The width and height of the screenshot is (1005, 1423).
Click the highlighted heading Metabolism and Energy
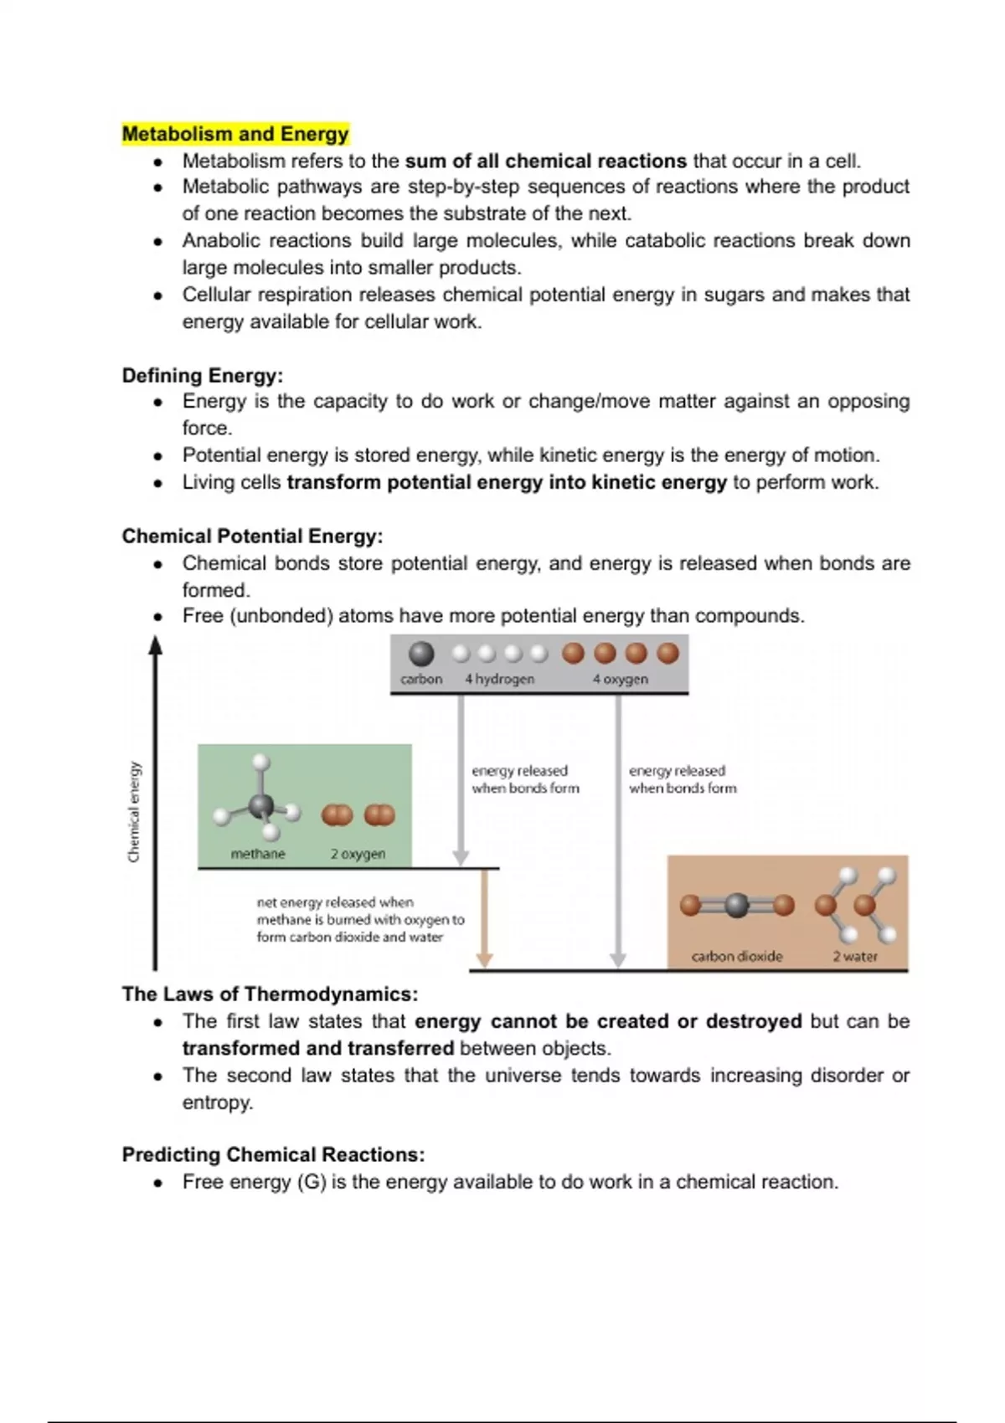pyautogui.click(x=235, y=134)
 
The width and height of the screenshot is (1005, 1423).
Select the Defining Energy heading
pyautogui.click(x=203, y=375)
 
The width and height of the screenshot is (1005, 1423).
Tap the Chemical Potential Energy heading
pyautogui.click(x=252, y=536)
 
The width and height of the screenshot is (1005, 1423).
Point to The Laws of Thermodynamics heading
pyautogui.click(x=270, y=994)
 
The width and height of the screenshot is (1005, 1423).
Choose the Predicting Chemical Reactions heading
pyautogui.click(x=273, y=1155)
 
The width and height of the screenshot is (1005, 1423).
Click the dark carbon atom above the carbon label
pyautogui.click(x=420, y=654)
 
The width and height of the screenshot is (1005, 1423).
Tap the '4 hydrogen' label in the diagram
pyautogui.click(x=499, y=679)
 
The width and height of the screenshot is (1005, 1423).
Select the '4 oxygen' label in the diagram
pyautogui.click(x=620, y=679)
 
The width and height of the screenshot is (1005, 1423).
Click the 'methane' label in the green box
pyautogui.click(x=258, y=854)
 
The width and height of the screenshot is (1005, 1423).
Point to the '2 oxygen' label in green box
pyautogui.click(x=358, y=854)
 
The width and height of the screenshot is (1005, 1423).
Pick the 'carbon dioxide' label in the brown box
pyautogui.click(x=737, y=956)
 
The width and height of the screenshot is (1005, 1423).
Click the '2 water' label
pyautogui.click(x=855, y=956)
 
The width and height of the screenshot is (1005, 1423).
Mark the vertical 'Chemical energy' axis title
pyautogui.click(x=134, y=811)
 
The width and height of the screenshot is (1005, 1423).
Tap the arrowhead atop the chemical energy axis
pyautogui.click(x=155, y=645)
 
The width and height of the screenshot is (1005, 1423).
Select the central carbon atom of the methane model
pyautogui.click(x=261, y=806)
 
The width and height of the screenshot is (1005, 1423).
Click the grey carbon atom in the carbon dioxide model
pyautogui.click(x=736, y=905)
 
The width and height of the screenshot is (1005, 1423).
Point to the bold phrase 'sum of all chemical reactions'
pyautogui.click(x=546, y=161)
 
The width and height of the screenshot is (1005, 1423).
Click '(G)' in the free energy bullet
pyautogui.click(x=312, y=1182)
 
